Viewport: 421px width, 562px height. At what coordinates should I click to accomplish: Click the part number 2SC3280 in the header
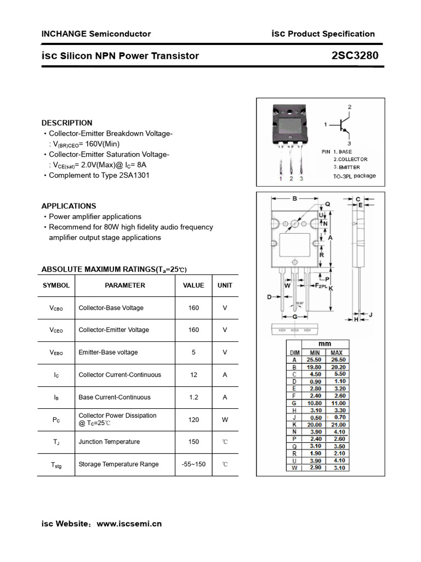[x=355, y=55]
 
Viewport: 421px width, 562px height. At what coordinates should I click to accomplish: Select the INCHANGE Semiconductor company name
[x=96, y=33]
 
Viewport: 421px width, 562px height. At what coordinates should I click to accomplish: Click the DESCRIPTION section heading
[x=67, y=123]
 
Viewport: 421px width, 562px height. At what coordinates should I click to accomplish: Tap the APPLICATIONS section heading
[x=69, y=206]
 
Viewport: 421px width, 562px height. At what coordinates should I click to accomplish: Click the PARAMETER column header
[x=125, y=285]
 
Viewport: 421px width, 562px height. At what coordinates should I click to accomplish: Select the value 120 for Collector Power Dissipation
[x=194, y=419]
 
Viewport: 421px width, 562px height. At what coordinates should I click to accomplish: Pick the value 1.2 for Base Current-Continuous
[x=194, y=397]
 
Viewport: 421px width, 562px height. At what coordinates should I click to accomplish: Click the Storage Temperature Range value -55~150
[x=194, y=464]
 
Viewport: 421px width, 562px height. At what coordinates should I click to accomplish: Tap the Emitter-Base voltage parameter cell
[x=108, y=352]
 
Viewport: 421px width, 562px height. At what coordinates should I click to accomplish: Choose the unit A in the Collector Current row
[x=225, y=375]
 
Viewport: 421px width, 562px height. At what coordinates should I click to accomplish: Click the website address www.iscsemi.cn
[x=129, y=524]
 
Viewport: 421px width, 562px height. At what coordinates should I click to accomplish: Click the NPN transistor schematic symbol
[x=344, y=125]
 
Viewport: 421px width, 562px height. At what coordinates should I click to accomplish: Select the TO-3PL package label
[x=355, y=176]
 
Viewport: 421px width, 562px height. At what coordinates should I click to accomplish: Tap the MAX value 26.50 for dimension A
[x=337, y=360]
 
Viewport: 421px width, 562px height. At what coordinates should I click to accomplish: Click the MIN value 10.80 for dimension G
[x=315, y=403]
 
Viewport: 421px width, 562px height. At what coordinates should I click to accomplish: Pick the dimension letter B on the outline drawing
[x=294, y=199]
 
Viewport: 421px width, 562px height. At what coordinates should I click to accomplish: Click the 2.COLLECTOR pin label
[x=350, y=159]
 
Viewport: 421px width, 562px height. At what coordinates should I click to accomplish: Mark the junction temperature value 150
[x=194, y=442]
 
